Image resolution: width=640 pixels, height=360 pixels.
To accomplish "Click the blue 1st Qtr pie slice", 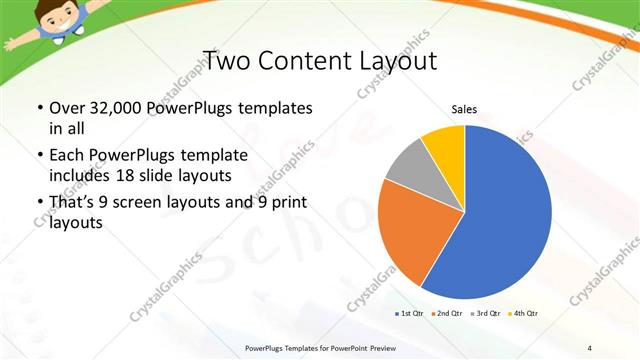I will point(500,215).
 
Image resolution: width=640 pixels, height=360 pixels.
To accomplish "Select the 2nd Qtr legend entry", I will point(446,314).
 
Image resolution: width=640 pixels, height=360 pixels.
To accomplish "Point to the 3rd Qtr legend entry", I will point(484,314).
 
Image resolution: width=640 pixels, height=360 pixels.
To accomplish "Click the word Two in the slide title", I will point(227,61).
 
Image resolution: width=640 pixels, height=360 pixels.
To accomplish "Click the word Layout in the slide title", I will point(399,61).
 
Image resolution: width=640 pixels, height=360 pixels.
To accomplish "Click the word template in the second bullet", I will point(210,156).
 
